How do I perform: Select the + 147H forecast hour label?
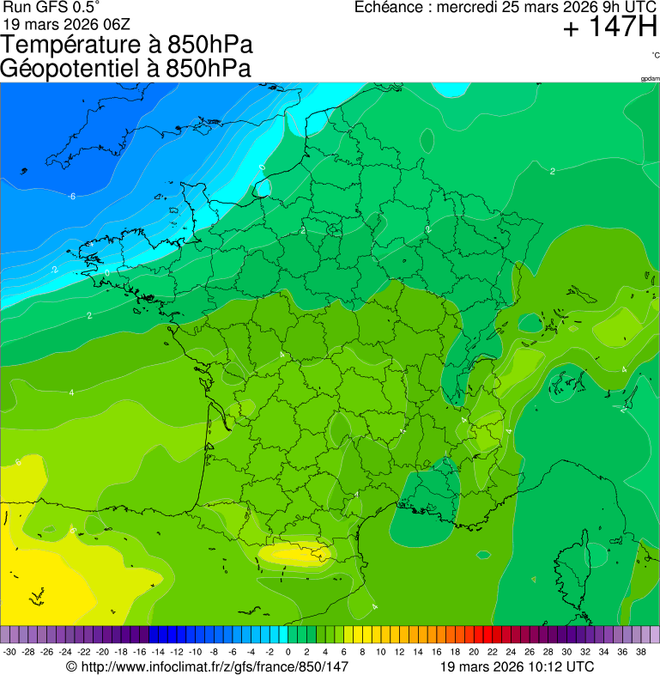click(x=609, y=28)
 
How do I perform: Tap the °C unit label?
click(x=655, y=55)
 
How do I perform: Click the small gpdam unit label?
click(x=650, y=79)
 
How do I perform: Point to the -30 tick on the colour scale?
click(x=9, y=652)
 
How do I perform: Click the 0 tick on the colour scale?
click(x=288, y=652)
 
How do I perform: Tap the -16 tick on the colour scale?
click(x=139, y=652)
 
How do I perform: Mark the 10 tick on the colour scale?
click(x=381, y=652)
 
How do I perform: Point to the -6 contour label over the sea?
click(x=72, y=197)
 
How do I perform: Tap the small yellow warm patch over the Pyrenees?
click(x=296, y=554)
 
